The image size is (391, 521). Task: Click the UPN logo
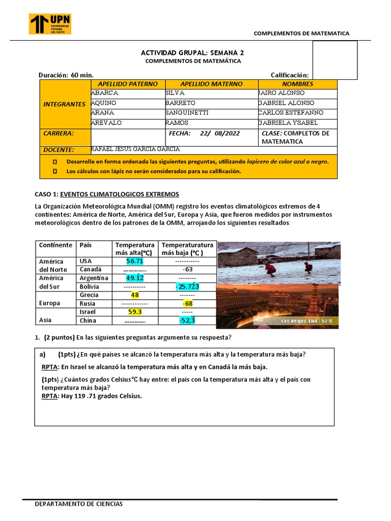(50, 24)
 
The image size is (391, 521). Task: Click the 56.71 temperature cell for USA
(135, 261)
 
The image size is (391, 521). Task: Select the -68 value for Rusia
(187, 304)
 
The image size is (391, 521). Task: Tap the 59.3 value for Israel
(135, 312)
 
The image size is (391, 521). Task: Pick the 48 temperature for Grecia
(135, 295)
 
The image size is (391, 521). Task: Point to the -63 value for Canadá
(187, 269)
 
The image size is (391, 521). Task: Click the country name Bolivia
(89, 286)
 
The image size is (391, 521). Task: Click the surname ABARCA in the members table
(105, 93)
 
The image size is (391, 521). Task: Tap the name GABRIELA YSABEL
(288, 123)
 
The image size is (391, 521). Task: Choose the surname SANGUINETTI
(187, 112)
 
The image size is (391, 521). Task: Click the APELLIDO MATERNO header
(211, 84)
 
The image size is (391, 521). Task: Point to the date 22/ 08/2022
(220, 133)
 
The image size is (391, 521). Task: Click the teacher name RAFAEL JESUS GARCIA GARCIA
(135, 149)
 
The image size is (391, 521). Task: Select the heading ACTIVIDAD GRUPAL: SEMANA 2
(192, 52)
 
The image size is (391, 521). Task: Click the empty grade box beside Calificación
(334, 60)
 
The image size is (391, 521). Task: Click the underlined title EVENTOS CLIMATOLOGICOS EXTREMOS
(120, 194)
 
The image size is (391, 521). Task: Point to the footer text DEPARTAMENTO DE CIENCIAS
(78, 504)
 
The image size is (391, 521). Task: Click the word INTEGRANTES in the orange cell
(65, 104)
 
